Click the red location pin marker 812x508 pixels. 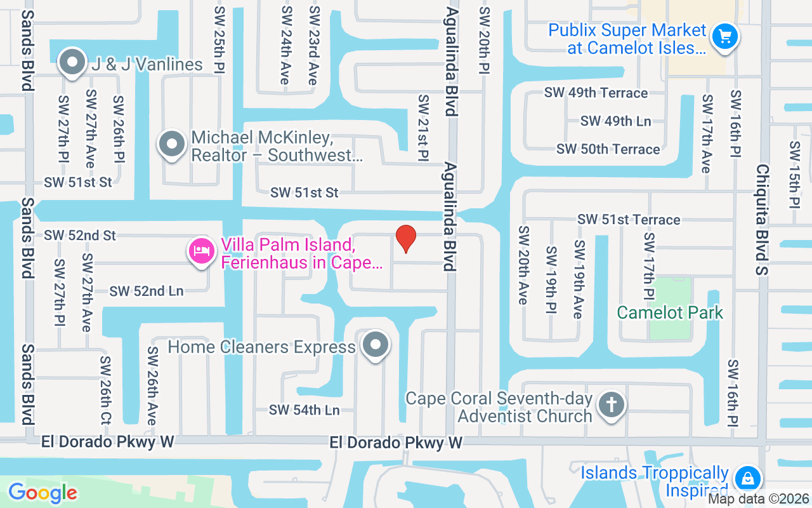(x=406, y=238)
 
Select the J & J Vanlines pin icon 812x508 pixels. (x=72, y=63)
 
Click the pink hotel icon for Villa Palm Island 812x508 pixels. (x=201, y=251)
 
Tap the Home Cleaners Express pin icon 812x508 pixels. (x=376, y=345)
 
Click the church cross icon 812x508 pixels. (x=612, y=404)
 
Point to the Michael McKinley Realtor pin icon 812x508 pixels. (x=171, y=145)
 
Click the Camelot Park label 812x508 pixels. (x=670, y=312)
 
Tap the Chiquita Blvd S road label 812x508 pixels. (x=762, y=220)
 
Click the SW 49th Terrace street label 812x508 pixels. (x=596, y=93)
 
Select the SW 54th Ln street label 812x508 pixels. (x=304, y=410)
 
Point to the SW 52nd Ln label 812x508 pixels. (x=147, y=291)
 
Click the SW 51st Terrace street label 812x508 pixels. (x=629, y=220)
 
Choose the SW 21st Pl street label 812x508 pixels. (x=423, y=127)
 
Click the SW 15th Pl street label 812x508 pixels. (x=794, y=175)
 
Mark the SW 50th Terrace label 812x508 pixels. (x=608, y=149)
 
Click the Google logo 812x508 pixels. (x=43, y=492)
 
